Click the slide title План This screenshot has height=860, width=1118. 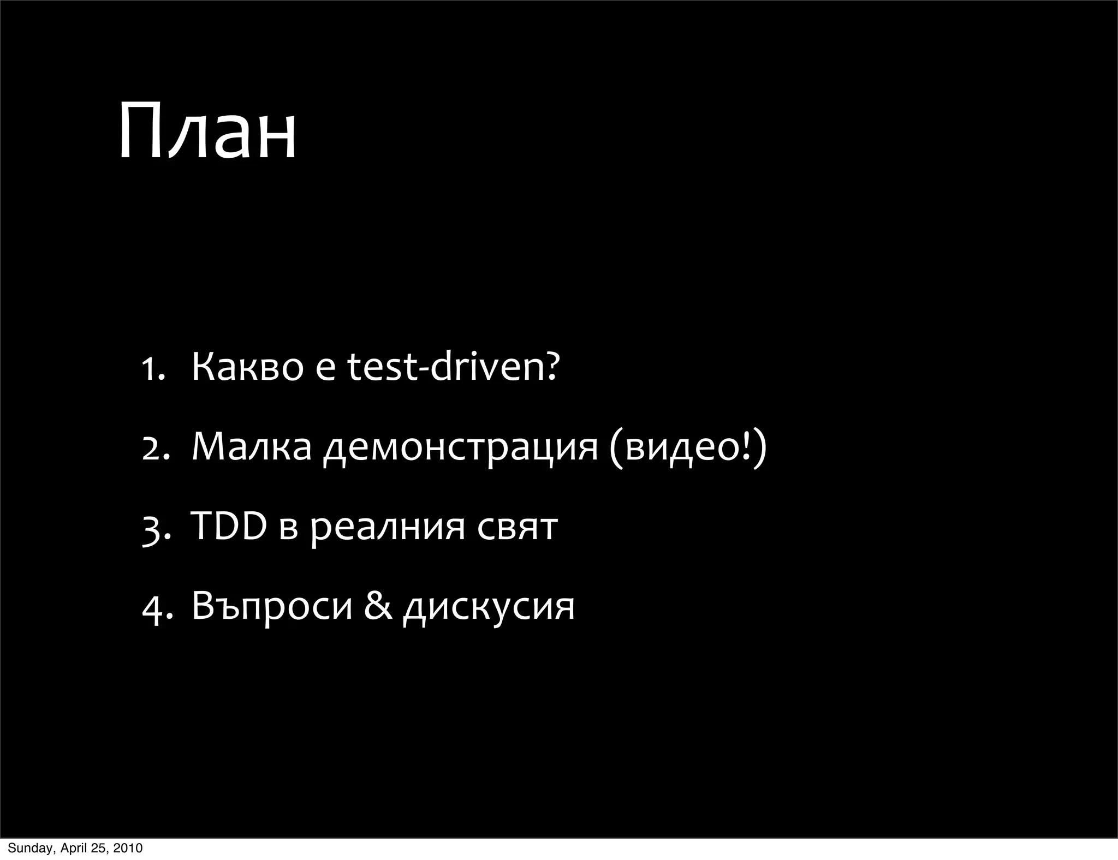(x=207, y=131)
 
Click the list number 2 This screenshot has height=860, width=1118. (x=152, y=448)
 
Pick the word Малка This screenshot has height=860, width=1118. (x=252, y=447)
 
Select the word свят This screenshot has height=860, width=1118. (x=518, y=528)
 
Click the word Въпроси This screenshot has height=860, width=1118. (x=272, y=606)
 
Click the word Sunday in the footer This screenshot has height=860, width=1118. (x=28, y=848)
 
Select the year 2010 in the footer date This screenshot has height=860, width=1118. (x=129, y=848)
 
